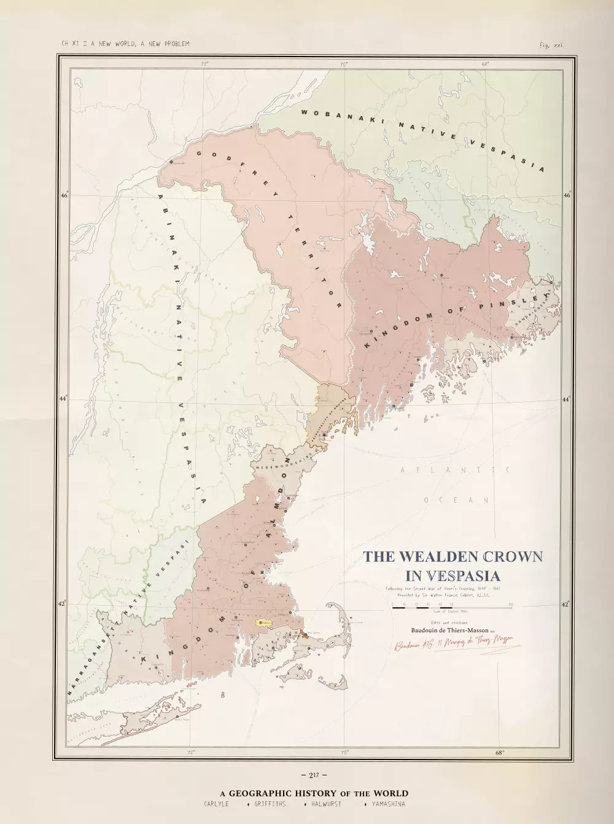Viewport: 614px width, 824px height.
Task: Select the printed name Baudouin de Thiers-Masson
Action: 449,630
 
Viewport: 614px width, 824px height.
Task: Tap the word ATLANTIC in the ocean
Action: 455,470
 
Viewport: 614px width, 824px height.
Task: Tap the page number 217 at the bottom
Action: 314,775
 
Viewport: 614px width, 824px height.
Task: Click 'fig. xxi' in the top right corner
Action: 551,44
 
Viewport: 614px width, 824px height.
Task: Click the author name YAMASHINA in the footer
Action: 388,804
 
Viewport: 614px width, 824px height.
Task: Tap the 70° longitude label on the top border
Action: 344,63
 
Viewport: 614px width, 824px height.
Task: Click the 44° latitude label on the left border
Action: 63,399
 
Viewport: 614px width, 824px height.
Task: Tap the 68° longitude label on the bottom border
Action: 499,752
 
